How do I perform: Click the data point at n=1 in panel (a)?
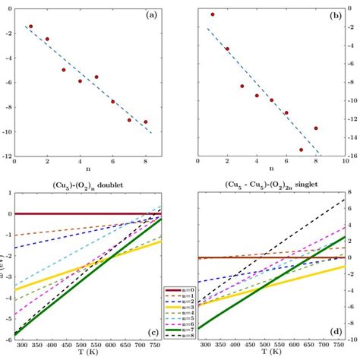click(30, 27)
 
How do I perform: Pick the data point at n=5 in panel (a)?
click(96, 77)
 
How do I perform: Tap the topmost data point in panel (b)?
click(213, 14)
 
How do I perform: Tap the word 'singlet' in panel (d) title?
click(307, 183)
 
